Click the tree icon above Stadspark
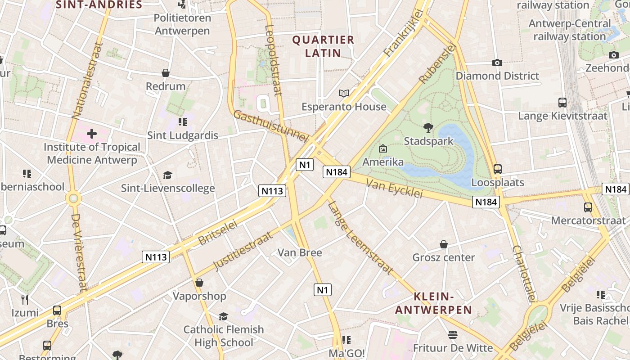428,128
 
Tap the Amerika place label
383,162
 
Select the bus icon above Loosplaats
497,169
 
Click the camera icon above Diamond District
497,63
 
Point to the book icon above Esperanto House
344,94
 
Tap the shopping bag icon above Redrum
166,73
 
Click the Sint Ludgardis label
183,135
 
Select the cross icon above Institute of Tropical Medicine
92,134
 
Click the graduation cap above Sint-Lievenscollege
167,175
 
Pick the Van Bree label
300,252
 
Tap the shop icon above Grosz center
444,244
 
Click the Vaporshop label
199,296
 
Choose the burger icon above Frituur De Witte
452,335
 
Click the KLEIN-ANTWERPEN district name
433,303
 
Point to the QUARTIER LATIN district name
323,46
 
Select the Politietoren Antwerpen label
182,24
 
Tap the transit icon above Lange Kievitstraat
562,103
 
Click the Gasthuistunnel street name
270,126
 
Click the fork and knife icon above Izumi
25,300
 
